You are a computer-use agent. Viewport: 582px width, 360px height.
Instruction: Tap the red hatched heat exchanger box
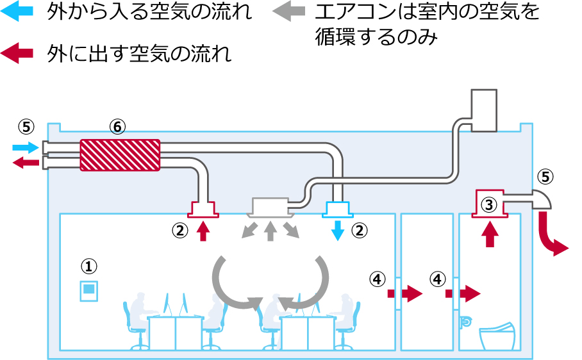coord(120,155)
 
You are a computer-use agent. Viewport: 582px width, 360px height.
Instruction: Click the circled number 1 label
coord(88,265)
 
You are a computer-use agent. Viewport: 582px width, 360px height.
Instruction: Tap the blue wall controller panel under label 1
coord(88,291)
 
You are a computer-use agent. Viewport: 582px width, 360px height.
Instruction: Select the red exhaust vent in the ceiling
coord(203,208)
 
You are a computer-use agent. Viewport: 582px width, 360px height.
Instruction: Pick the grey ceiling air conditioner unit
coord(271,206)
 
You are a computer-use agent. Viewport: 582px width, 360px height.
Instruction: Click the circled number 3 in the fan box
coord(489,205)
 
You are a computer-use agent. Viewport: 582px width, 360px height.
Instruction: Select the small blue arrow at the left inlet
coord(25,148)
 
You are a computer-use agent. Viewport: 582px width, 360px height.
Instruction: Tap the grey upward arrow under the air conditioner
coord(270,231)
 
